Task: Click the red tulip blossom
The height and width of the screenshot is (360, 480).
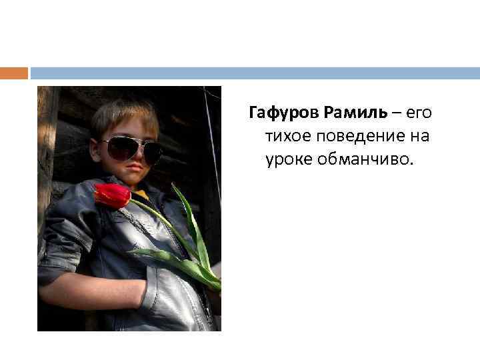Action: pos(112,195)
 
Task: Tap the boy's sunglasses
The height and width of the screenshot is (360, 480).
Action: pos(130,149)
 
